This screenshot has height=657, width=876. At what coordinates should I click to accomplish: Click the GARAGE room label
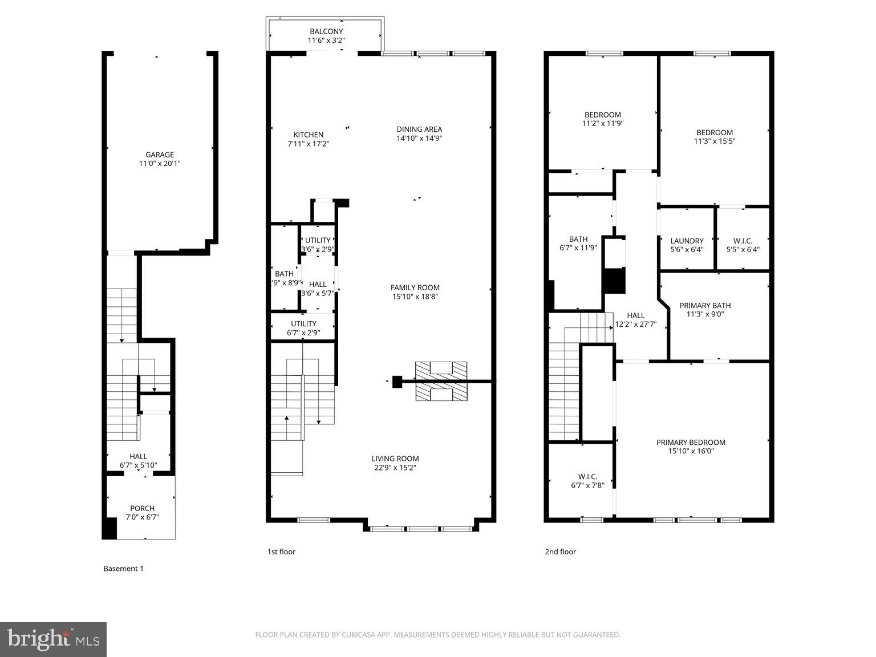coord(160,155)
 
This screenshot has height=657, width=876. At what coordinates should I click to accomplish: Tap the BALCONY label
coord(326,31)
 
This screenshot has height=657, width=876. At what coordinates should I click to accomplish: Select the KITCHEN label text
coord(309,135)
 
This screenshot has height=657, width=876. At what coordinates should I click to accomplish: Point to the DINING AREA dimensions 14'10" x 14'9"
coord(419,138)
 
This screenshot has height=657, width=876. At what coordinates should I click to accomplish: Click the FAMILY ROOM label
coord(415,287)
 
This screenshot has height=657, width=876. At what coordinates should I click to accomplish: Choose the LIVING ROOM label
coord(395,459)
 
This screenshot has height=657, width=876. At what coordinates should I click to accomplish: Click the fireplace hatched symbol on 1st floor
coord(441,380)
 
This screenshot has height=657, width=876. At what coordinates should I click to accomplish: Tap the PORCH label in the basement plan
coord(142,508)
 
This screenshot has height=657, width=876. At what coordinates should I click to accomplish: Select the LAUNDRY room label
coord(687,241)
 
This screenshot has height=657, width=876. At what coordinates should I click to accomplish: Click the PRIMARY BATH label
coord(705,305)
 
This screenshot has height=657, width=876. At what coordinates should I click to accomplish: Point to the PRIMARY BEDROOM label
coord(691,442)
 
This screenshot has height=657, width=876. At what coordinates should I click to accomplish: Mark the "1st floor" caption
coord(281,551)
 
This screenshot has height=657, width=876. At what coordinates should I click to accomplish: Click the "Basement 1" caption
coord(123,569)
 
